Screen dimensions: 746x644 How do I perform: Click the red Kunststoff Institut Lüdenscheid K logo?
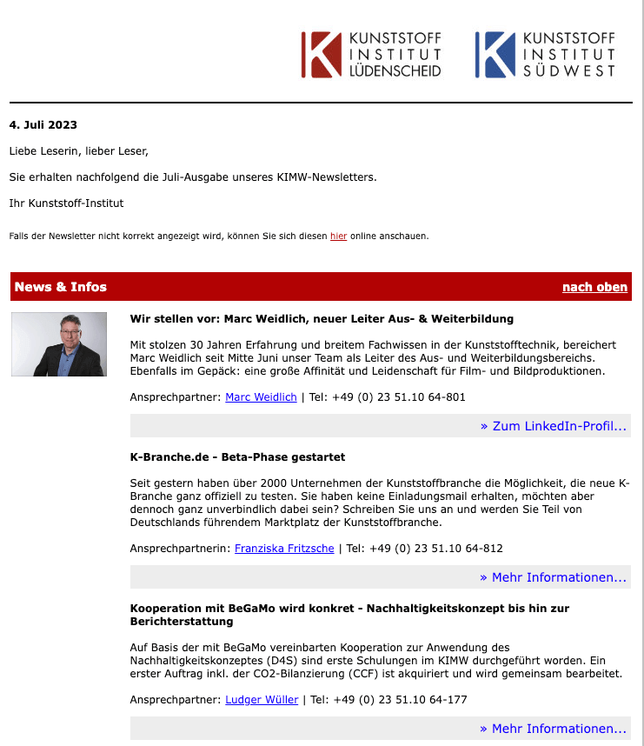[322, 55]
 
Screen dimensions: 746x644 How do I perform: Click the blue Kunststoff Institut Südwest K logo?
[495, 55]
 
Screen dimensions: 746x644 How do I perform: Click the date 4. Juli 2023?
[43, 125]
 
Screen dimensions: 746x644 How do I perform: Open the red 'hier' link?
[338, 236]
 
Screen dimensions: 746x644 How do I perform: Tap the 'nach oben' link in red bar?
[594, 287]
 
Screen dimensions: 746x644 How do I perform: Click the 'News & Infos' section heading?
[61, 287]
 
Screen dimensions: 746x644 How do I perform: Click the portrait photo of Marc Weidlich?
[59, 344]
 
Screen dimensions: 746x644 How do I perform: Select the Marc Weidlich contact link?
[261, 397]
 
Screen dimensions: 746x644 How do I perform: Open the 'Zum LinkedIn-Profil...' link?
[553, 426]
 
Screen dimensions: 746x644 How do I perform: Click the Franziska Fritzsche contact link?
[284, 549]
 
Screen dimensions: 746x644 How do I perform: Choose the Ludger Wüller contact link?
[262, 700]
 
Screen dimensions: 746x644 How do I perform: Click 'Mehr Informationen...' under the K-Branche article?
[553, 577]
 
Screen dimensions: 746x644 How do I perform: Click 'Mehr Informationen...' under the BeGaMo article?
[553, 729]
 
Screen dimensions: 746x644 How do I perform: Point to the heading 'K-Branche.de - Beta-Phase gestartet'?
[237, 456]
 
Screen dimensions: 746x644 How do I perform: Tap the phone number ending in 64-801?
[399, 397]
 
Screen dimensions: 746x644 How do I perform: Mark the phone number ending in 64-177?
[400, 700]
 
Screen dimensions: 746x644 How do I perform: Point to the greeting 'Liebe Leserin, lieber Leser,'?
[79, 151]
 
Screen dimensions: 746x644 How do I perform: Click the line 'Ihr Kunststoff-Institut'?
[67, 203]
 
